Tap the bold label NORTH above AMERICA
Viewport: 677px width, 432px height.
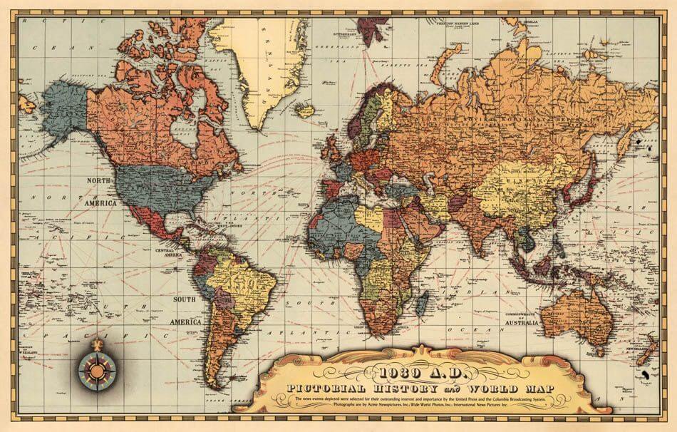point(99,182)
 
